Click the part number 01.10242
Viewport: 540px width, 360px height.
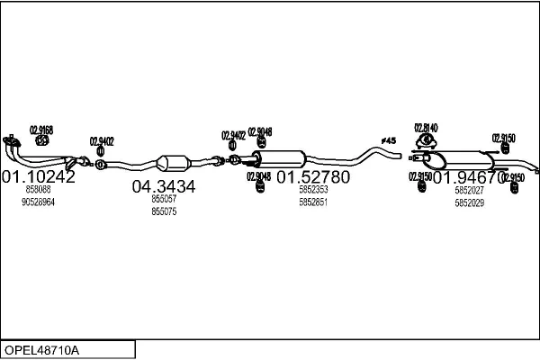tap(38, 176)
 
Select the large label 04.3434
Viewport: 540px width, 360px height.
tap(164, 187)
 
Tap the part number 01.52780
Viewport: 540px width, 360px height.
tap(312, 176)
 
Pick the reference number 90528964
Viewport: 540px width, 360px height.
tap(39, 202)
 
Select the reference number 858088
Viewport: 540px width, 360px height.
tap(39, 190)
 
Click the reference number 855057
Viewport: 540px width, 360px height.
tap(164, 199)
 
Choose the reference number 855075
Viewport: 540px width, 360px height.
tap(164, 211)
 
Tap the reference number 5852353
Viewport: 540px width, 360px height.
tap(313, 190)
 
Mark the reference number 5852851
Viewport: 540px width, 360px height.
tap(313, 202)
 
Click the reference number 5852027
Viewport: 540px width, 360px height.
tap(469, 190)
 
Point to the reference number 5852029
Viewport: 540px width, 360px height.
tap(469, 202)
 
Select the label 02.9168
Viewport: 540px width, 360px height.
tap(41, 130)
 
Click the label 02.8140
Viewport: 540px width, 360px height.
tap(426, 128)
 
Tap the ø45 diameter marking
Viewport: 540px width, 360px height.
tap(389, 140)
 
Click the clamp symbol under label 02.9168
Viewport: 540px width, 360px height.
tap(40, 140)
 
